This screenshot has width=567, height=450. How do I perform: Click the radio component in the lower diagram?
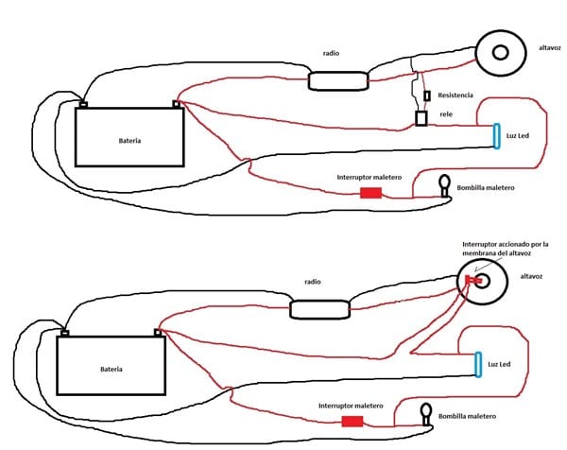(x=318, y=309)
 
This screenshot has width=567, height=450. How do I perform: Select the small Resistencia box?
(x=427, y=96)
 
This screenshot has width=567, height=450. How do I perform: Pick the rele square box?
(x=422, y=118)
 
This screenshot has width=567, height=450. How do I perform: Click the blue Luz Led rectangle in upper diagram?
(x=493, y=135)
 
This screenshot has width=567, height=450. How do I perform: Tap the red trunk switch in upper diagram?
(x=371, y=193)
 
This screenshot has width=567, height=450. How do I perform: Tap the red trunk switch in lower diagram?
(x=352, y=422)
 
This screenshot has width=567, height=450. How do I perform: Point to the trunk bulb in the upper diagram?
(x=444, y=186)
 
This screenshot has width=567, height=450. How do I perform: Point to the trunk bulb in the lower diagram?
(x=426, y=412)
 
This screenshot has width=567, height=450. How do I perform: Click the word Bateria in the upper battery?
(x=130, y=141)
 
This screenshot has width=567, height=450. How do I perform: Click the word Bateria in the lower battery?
(x=112, y=369)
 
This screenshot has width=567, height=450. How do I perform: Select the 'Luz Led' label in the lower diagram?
(x=504, y=364)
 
